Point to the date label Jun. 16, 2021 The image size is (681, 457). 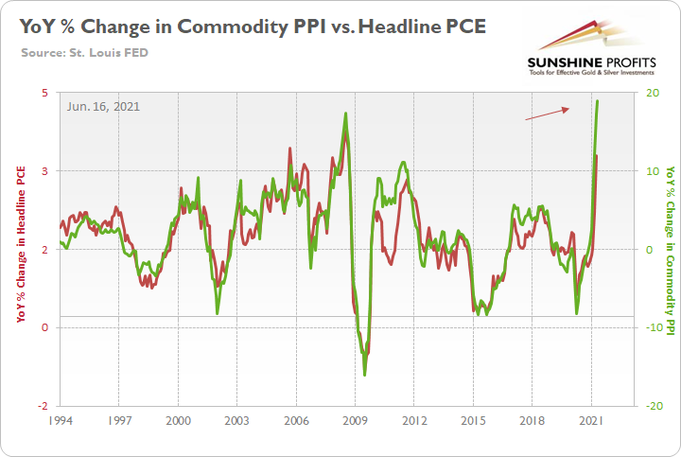coord(104,107)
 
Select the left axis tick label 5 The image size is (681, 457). coord(45,93)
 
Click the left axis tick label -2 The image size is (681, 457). coord(44,405)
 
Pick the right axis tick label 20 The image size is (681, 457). coord(653,93)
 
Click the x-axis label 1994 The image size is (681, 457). coord(60,419)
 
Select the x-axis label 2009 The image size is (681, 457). coord(356,419)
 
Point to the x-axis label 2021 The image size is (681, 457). coord(592,419)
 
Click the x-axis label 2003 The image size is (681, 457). coord(237,419)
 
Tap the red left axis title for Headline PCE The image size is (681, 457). coord(21,244)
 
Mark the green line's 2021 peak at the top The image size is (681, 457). coord(598,100)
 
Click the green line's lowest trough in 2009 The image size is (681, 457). coord(365,376)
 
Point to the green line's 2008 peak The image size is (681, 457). coord(345,114)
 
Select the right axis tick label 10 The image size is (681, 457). coord(653,171)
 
